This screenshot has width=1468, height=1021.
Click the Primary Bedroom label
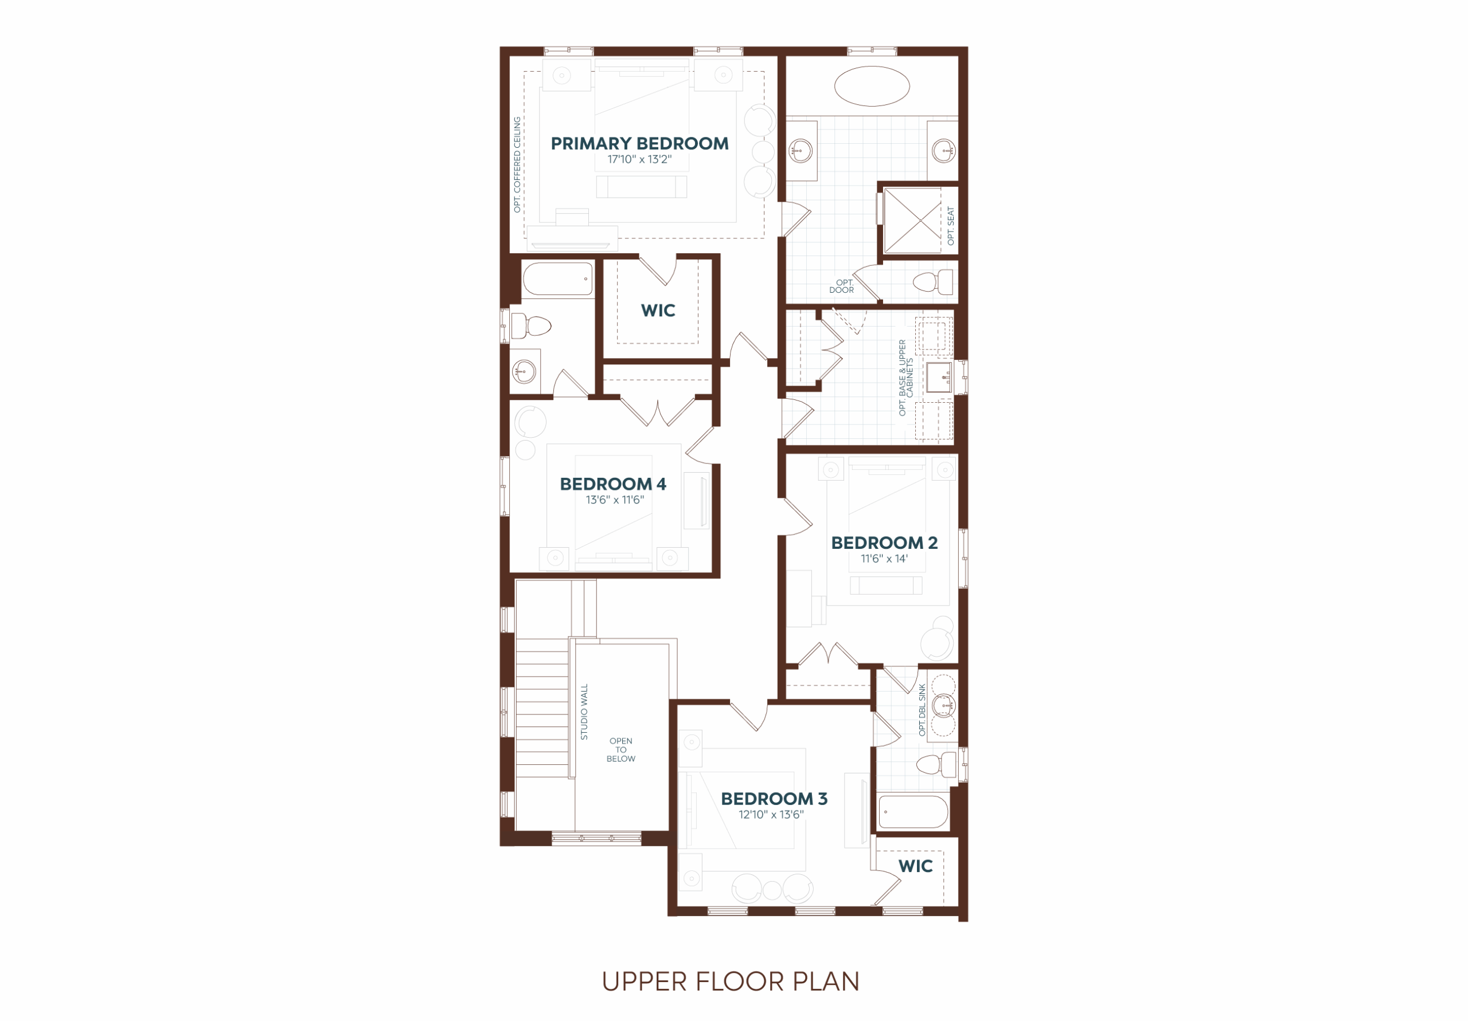[639, 144]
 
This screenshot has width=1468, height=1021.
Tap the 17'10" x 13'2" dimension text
[639, 159]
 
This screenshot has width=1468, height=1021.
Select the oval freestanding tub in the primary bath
[872, 85]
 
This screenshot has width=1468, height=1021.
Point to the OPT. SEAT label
[951, 226]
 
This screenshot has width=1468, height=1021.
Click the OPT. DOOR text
[841, 286]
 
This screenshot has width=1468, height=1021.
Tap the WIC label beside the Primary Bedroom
[658, 311]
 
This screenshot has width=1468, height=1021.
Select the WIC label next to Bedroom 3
[916, 866]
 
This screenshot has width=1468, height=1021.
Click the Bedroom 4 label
[612, 484]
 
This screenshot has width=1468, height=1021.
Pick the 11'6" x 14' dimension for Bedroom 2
[884, 559]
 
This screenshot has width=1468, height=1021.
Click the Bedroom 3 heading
[774, 799]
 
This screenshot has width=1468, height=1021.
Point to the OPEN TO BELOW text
[621, 749]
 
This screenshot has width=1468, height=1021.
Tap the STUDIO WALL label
[584, 712]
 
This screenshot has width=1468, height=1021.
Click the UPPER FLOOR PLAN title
[731, 981]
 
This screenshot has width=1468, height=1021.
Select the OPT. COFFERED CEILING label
[517, 164]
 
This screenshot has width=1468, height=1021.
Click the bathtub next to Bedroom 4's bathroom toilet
[557, 278]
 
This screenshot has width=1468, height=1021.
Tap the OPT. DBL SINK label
[922, 709]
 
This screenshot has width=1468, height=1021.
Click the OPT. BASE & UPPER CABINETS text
[906, 378]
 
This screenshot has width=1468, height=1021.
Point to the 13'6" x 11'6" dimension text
[614, 500]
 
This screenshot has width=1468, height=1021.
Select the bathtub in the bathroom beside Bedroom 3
[913, 811]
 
